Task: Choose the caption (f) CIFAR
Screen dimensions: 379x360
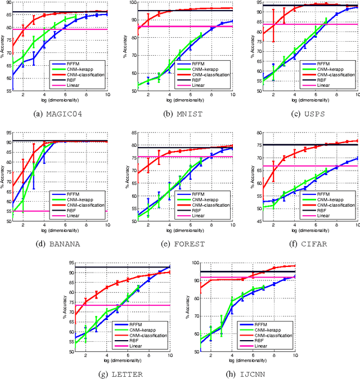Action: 299,244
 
